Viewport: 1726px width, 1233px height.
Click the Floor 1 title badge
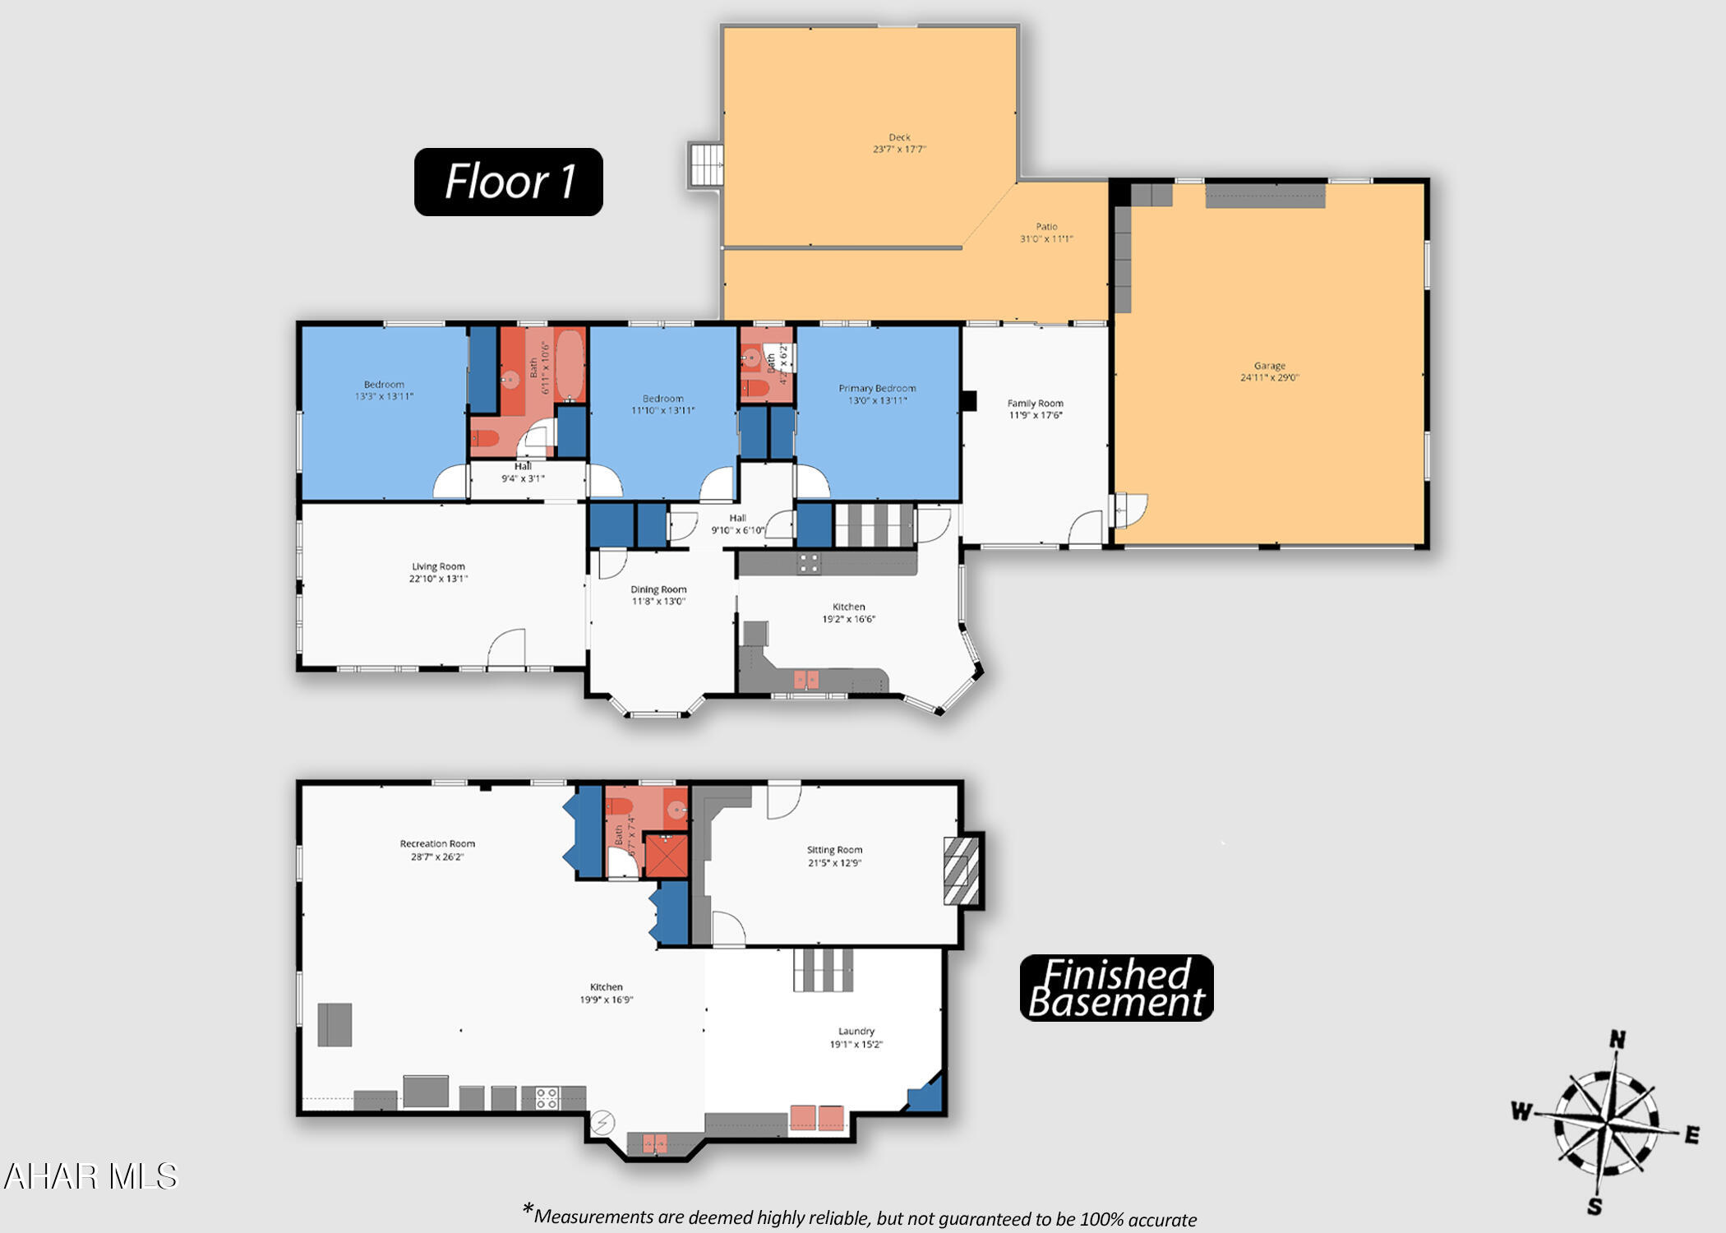(508, 182)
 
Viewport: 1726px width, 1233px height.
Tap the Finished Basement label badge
(1115, 987)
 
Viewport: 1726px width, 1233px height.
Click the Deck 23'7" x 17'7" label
(899, 144)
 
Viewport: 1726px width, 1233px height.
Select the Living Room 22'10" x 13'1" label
(438, 573)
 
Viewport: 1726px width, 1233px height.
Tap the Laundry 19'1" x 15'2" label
(856, 1037)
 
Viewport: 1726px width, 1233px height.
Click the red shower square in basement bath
(666, 856)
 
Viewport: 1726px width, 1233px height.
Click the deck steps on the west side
(706, 165)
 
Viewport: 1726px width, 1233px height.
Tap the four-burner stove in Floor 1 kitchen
(808, 563)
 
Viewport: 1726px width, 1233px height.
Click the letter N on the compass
(1617, 1040)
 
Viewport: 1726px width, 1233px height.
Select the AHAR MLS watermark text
(90, 1176)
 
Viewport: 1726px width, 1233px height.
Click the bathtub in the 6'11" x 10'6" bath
(570, 365)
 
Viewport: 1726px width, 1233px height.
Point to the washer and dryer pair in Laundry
(817, 1117)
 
